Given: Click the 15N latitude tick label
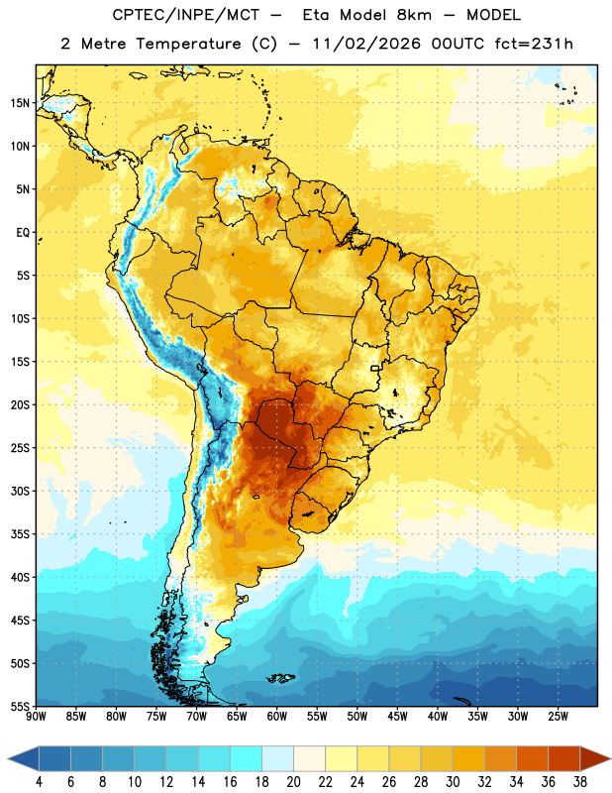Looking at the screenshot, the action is coord(20,103).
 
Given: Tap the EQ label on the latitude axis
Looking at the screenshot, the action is coord(23,233).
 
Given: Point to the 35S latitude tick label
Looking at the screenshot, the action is coord(20,534).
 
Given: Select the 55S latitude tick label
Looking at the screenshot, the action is coord(20,706).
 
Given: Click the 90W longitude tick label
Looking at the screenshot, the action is coord(36,717).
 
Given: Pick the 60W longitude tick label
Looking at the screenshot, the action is coord(277,717).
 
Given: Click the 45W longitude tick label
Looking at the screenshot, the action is coord(397,717).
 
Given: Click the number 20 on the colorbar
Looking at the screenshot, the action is coord(293,782).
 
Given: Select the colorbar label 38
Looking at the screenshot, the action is coord(580,782).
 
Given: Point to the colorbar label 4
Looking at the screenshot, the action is coord(39,782).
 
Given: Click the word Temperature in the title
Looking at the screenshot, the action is coord(188,44).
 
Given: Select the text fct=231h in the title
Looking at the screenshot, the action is coord(534,44).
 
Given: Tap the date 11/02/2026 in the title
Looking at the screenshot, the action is coord(365,44).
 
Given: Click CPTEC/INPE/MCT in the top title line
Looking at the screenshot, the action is coord(186,15).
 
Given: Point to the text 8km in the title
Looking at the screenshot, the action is coord(414,15).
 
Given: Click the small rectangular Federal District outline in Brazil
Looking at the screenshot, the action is coord(375,368).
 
